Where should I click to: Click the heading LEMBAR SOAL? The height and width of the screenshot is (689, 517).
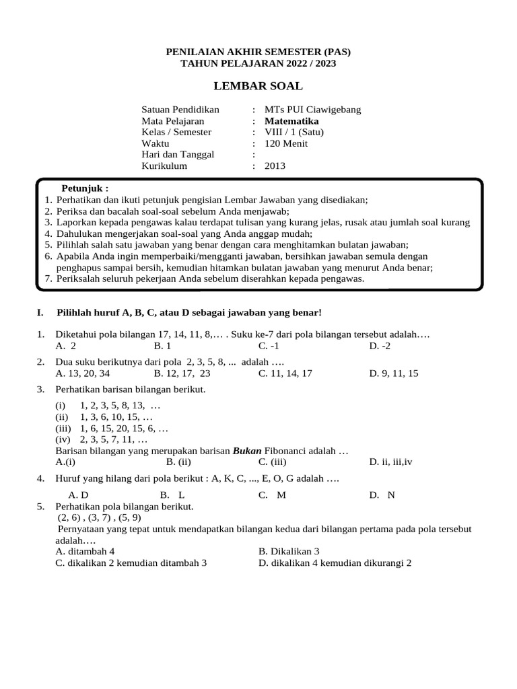point(258,86)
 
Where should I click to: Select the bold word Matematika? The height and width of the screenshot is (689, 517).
point(291,121)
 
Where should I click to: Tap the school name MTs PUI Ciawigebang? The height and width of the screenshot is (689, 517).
point(313,110)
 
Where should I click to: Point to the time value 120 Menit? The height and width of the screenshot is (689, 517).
point(286,143)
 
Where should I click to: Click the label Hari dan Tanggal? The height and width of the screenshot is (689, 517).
point(178,155)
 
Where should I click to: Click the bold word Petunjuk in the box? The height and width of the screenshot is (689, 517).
point(85,188)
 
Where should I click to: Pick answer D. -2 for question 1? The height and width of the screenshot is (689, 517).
point(380,346)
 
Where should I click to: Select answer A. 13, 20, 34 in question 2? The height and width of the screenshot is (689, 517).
point(83,373)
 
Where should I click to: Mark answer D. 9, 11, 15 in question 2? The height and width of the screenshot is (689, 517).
point(393,373)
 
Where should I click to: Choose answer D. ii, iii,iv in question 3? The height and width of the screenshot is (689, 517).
point(392,462)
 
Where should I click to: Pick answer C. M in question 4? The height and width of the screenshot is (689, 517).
point(273,495)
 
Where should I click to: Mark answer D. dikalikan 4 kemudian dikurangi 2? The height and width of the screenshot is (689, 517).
point(335,563)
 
